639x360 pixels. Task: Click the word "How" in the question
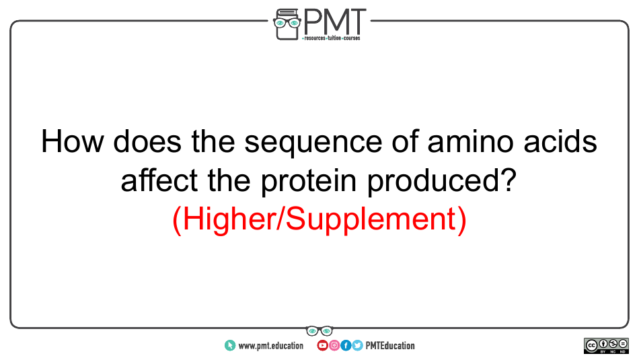click(x=72, y=141)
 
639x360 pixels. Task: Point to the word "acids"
click(x=560, y=141)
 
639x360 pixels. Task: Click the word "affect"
click(x=159, y=180)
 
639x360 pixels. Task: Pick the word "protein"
click(x=309, y=181)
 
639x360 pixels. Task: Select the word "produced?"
click(x=442, y=181)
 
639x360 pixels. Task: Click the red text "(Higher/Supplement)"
click(x=319, y=220)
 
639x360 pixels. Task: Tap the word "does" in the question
click(x=147, y=141)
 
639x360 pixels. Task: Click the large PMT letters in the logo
click(x=334, y=22)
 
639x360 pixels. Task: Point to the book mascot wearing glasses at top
click(x=287, y=24)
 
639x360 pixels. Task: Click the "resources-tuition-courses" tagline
click(x=331, y=38)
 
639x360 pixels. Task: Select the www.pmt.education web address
click(x=270, y=346)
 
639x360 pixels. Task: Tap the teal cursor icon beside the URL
click(x=230, y=346)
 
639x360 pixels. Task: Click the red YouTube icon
click(x=322, y=346)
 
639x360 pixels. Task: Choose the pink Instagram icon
click(x=334, y=346)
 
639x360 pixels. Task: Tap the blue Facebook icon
click(x=346, y=346)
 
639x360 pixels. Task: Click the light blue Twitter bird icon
click(x=357, y=346)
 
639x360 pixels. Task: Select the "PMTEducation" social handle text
click(x=390, y=346)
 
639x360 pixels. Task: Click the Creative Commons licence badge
click(x=606, y=346)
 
